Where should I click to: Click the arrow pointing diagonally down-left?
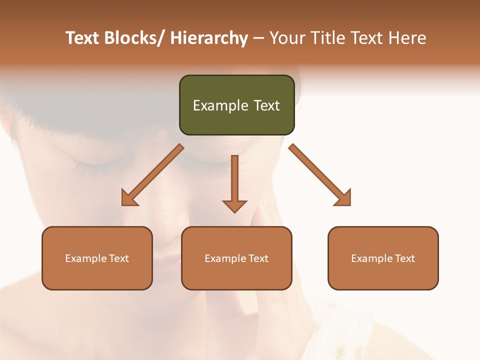[x=155, y=173]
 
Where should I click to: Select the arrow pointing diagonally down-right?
[x=318, y=173]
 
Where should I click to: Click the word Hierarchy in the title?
[x=209, y=38]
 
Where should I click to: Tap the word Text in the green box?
[x=266, y=105]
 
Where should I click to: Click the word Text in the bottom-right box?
[x=404, y=258]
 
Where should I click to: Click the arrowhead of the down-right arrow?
[x=344, y=198]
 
